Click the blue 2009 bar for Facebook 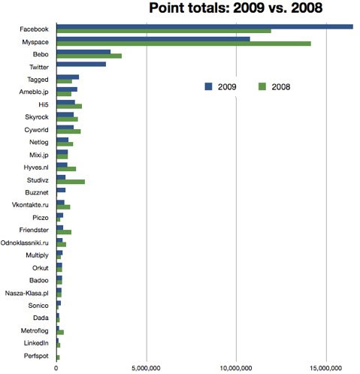point(205,26)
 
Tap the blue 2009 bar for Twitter point(81,65)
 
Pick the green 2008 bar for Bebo point(89,56)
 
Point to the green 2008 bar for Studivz point(71,182)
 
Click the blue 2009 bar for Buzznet point(61,190)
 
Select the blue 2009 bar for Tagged point(68,77)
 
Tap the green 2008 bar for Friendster point(64,232)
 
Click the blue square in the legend point(208,86)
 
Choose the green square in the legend point(262,86)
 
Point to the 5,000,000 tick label point(146,368)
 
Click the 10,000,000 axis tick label point(236,368)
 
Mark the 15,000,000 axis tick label point(326,368)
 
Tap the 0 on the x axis point(56,368)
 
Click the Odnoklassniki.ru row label point(25,243)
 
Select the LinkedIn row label point(36,343)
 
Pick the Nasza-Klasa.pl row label point(27,293)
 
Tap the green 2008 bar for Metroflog point(60,333)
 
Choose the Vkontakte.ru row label point(30,205)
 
